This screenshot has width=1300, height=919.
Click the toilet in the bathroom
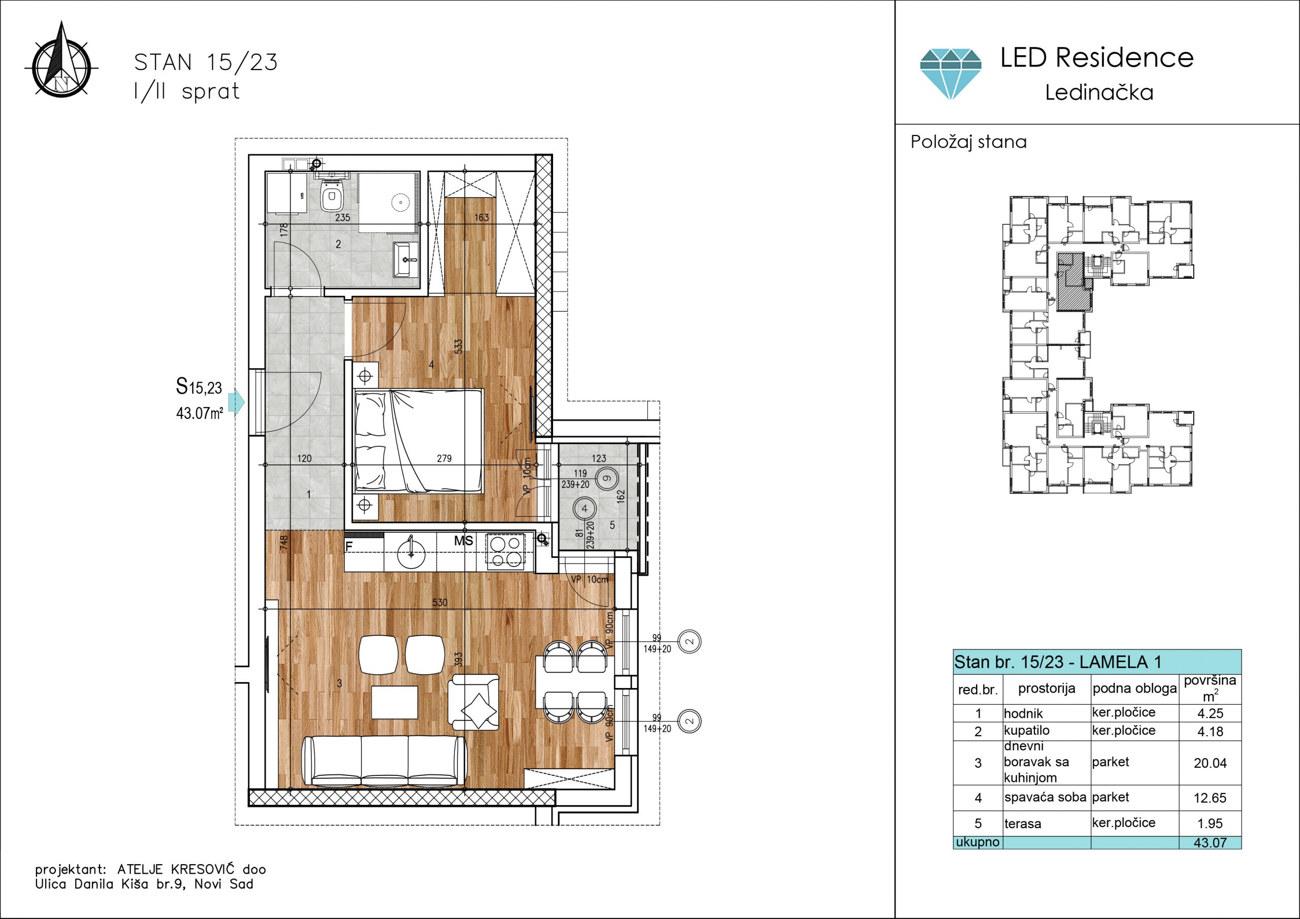tap(331, 196)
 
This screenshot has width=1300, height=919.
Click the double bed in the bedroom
tap(418, 441)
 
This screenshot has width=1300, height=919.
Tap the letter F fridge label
tap(349, 546)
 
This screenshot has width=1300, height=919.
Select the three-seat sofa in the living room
tap(385, 761)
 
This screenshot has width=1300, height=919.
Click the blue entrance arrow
tap(239, 403)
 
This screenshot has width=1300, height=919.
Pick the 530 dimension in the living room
tap(440, 603)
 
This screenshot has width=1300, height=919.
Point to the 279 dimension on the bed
tap(444, 458)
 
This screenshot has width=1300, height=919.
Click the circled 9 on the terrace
tap(606, 478)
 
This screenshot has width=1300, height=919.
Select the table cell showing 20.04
tap(1210, 763)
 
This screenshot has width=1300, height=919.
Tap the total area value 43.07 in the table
tap(1210, 842)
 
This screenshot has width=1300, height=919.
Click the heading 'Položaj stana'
tap(968, 142)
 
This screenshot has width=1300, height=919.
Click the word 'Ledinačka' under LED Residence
tap(1099, 92)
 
